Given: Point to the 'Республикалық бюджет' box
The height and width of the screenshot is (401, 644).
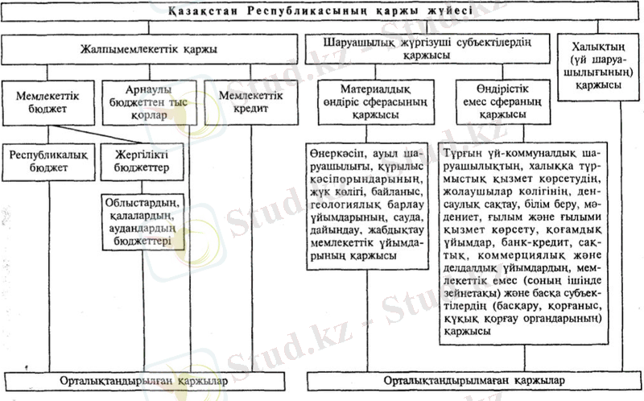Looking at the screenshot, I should click(x=47, y=161).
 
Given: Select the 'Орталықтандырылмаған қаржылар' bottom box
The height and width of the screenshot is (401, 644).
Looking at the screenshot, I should click(x=474, y=379).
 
